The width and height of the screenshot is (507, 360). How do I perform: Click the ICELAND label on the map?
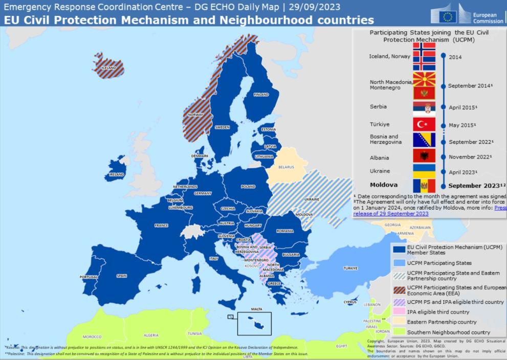click(109, 67)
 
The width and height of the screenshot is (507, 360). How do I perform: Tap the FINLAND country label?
click(261, 95)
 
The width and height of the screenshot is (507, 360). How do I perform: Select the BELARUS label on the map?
click(286, 167)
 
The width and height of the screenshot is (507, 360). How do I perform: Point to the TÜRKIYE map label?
click(350, 268)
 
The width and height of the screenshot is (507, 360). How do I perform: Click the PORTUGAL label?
click(89, 277)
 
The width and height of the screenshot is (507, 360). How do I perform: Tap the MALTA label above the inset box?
click(256, 309)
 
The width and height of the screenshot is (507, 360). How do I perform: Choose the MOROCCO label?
click(92, 337)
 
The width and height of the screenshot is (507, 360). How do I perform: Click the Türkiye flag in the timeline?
click(424, 125)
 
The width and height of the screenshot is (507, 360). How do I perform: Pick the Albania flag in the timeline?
click(424, 156)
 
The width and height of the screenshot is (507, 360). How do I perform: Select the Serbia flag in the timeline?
click(424, 108)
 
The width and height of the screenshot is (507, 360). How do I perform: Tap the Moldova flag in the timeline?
click(424, 185)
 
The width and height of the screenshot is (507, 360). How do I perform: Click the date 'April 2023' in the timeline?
click(462, 172)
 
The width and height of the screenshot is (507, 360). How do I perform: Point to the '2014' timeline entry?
click(455, 57)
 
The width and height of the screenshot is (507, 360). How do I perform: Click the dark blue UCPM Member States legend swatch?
click(399, 249)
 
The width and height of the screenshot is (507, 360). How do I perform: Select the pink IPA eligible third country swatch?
click(399, 312)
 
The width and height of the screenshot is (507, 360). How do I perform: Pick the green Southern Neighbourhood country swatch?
click(399, 332)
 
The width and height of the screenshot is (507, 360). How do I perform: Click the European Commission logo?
click(467, 14)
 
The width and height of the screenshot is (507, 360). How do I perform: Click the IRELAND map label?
click(117, 174)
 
